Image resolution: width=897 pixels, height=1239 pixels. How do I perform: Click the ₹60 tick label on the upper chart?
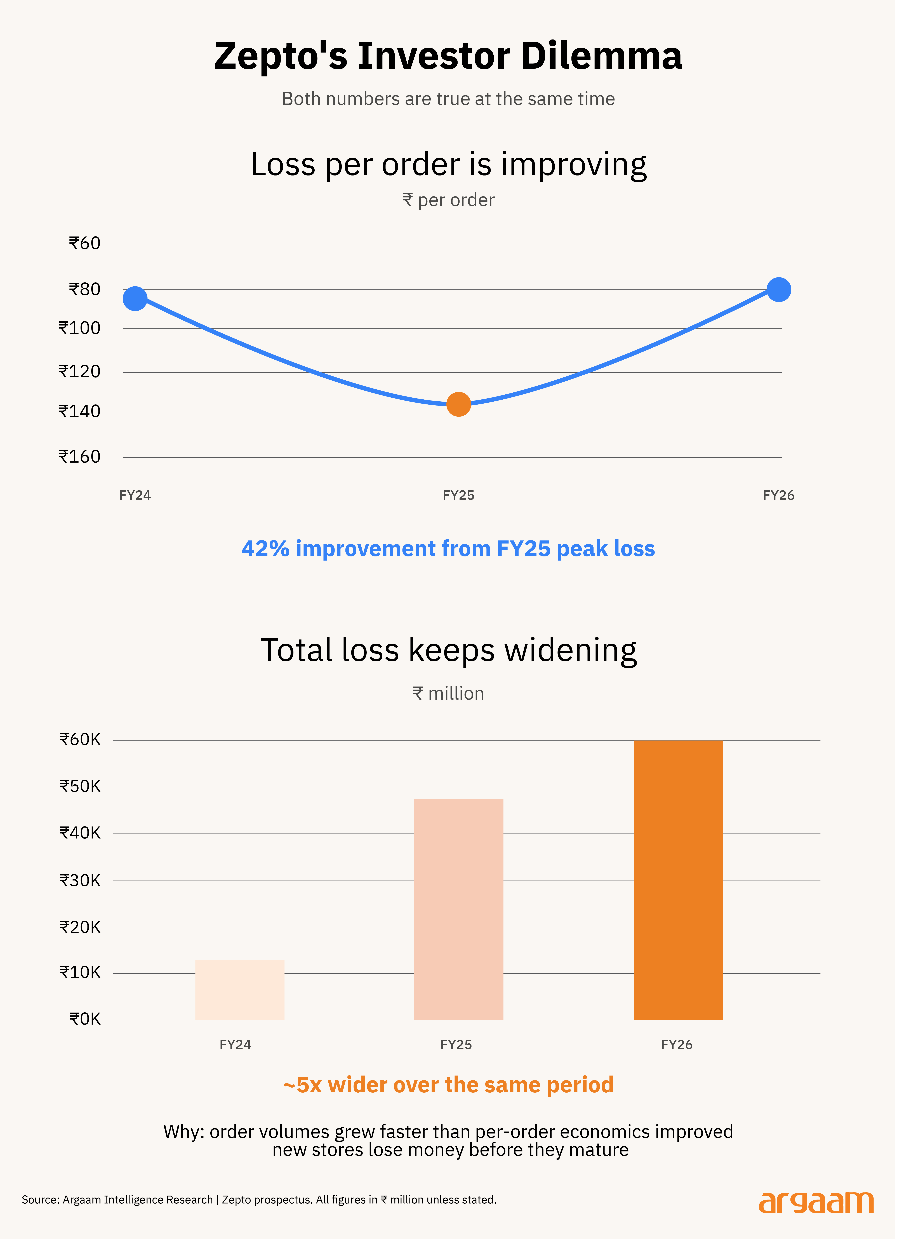pos(85,243)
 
